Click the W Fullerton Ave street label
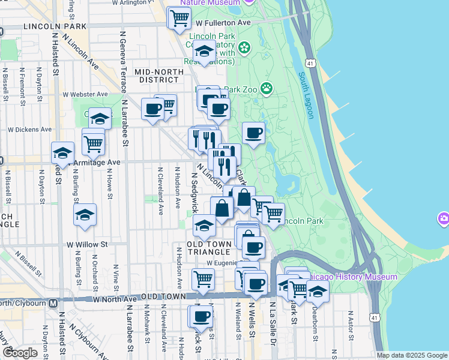[x=223, y=23]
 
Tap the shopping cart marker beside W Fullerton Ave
[x=179, y=19]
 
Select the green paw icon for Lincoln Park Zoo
[x=266, y=89]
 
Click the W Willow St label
[x=87, y=245]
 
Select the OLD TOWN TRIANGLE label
[x=205, y=248]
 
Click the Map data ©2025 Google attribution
[x=412, y=355]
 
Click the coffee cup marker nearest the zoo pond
[x=253, y=133]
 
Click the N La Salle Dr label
[x=272, y=327]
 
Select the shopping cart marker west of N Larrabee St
[x=93, y=143]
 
